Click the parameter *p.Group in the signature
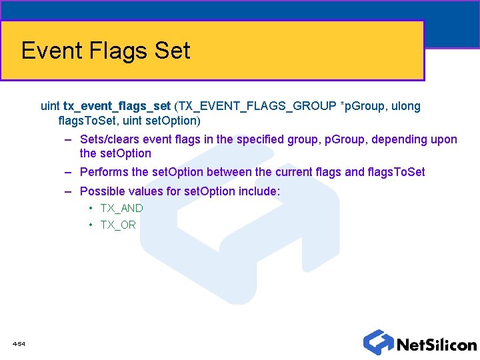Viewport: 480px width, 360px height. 363,106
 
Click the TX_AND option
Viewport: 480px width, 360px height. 121,208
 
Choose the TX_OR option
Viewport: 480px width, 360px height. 118,225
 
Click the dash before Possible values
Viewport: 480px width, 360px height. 69,191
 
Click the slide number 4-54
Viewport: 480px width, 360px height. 19,344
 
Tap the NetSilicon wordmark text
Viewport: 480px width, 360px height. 436,345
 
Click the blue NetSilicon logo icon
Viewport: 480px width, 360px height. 378,342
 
